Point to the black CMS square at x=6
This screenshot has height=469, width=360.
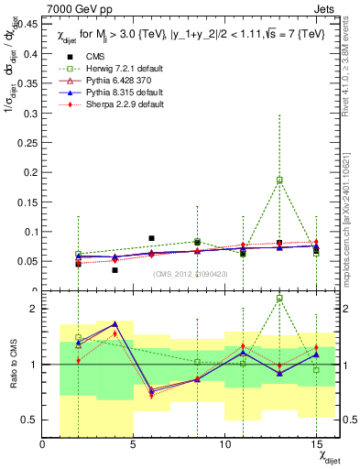(152, 238)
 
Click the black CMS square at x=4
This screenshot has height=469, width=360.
(115, 270)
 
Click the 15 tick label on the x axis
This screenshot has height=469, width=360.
(316, 443)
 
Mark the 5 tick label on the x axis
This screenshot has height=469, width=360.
(134, 443)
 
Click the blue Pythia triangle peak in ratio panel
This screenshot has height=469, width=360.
(115, 323)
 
